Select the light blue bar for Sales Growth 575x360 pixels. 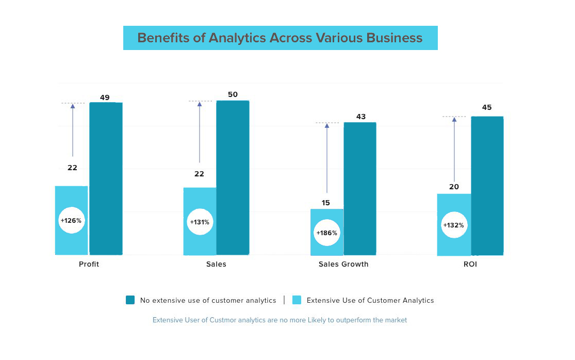(x=326, y=245)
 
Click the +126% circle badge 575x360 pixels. (x=71, y=220)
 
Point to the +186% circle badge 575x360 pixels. (x=326, y=233)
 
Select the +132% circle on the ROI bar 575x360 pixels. (x=454, y=225)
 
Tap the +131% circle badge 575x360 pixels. (x=200, y=222)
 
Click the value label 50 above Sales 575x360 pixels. (x=233, y=94)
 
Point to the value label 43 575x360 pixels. (x=361, y=117)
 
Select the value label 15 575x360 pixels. (x=325, y=203)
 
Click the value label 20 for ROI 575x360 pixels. (x=454, y=187)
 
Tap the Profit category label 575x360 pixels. (x=89, y=264)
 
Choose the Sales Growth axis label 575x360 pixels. (x=343, y=264)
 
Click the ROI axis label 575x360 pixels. (x=470, y=264)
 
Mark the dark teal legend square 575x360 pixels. (x=130, y=300)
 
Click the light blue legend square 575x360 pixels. (x=297, y=300)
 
